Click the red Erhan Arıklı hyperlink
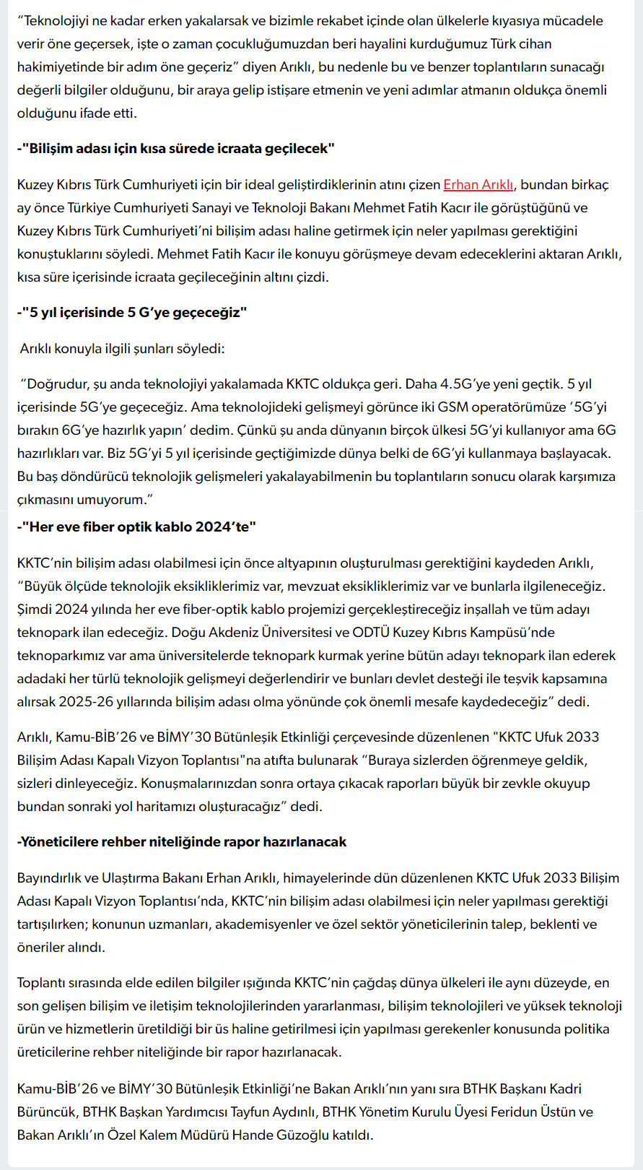tap(478, 185)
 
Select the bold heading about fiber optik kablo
tap(136, 527)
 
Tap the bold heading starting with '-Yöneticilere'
tap(182, 842)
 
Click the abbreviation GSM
tap(452, 407)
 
